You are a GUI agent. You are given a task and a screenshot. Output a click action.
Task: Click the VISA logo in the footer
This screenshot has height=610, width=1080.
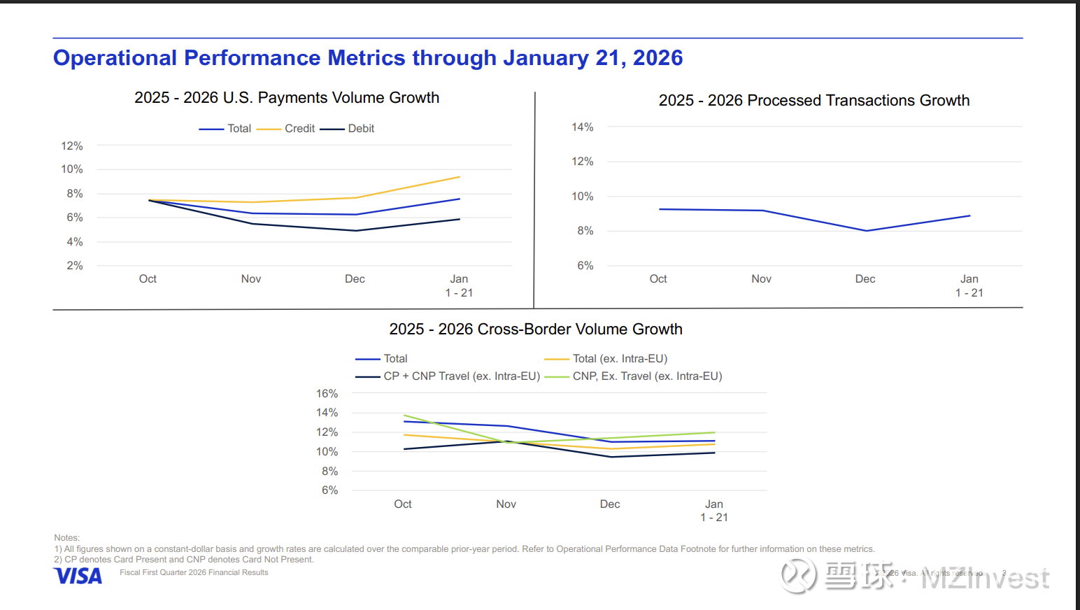(x=78, y=576)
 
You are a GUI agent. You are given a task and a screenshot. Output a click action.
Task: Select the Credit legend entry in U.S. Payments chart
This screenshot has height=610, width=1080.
(x=299, y=129)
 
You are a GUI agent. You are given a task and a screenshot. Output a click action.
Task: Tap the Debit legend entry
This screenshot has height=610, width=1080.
(x=361, y=129)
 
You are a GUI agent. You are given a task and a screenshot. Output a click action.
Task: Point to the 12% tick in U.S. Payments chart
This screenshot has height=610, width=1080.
(x=72, y=146)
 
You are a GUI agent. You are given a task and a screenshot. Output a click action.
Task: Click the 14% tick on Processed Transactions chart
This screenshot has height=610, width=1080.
(x=582, y=127)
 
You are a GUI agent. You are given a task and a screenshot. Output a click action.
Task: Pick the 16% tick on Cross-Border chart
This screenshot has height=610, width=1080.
(x=327, y=394)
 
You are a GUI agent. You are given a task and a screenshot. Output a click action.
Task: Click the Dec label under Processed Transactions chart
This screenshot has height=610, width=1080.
(x=865, y=279)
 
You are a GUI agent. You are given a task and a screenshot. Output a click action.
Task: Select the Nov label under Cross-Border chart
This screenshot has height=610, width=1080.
(x=506, y=504)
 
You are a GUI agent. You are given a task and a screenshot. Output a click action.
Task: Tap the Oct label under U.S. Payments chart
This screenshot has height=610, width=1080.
(x=148, y=279)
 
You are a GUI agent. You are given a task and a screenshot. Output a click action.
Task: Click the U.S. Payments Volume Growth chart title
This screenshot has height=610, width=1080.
(x=287, y=98)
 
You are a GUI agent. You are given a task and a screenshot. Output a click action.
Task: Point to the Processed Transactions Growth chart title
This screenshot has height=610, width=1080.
(x=813, y=101)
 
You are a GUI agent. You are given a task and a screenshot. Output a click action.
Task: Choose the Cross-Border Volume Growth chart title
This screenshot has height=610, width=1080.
(x=536, y=329)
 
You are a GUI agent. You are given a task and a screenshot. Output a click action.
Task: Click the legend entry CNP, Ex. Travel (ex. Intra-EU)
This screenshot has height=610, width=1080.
(x=647, y=376)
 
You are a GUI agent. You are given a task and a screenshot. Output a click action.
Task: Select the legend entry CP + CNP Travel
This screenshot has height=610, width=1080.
(x=462, y=376)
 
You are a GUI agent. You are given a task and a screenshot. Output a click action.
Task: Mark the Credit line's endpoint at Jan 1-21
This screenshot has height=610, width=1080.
(x=460, y=177)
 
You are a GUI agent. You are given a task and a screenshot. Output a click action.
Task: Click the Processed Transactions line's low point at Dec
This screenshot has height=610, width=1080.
(x=867, y=231)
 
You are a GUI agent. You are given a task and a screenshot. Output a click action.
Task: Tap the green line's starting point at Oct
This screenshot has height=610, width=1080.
(x=404, y=416)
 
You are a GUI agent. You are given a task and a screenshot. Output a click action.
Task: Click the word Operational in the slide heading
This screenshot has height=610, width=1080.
(x=115, y=58)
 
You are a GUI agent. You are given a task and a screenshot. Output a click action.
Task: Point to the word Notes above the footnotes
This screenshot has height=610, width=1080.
(x=67, y=538)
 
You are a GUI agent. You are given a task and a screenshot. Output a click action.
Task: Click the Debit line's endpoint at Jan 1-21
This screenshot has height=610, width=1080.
(x=460, y=220)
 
